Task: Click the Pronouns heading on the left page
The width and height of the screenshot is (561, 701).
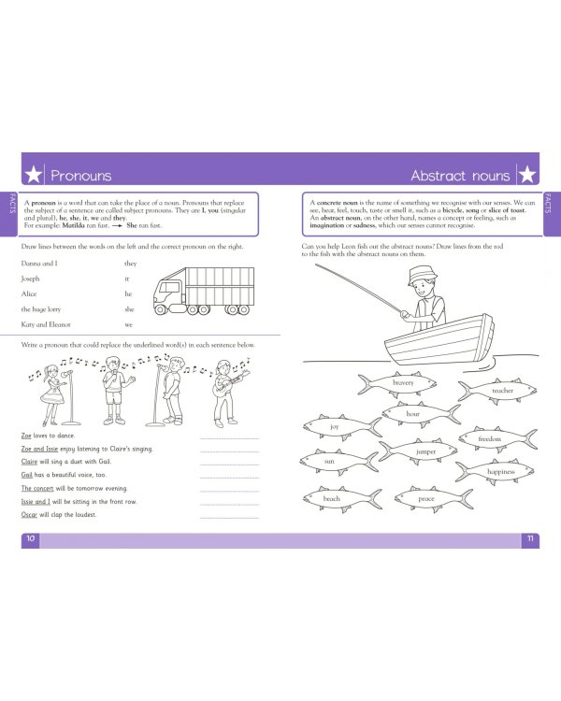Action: click(x=80, y=175)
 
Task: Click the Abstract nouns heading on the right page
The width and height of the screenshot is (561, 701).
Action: click(x=460, y=175)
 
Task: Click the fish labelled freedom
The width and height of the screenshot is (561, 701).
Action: click(x=490, y=438)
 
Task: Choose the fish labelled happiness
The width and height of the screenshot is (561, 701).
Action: click(x=498, y=472)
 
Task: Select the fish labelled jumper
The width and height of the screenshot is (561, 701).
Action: click(x=424, y=452)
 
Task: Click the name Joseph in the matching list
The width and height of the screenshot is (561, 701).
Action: click(x=33, y=279)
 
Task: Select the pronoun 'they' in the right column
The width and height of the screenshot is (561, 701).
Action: click(x=130, y=264)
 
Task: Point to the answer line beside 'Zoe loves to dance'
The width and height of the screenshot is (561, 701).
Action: click(x=229, y=437)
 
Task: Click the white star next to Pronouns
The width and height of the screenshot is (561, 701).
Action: click(x=33, y=175)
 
